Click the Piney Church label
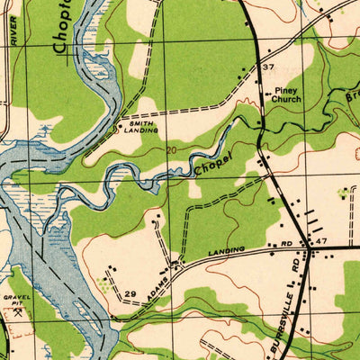point(286,96)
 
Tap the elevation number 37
point(267,67)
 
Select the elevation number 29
point(130,295)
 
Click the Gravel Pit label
point(17,299)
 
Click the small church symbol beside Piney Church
point(265,92)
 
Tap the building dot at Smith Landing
point(120,126)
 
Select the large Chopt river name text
point(61,31)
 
